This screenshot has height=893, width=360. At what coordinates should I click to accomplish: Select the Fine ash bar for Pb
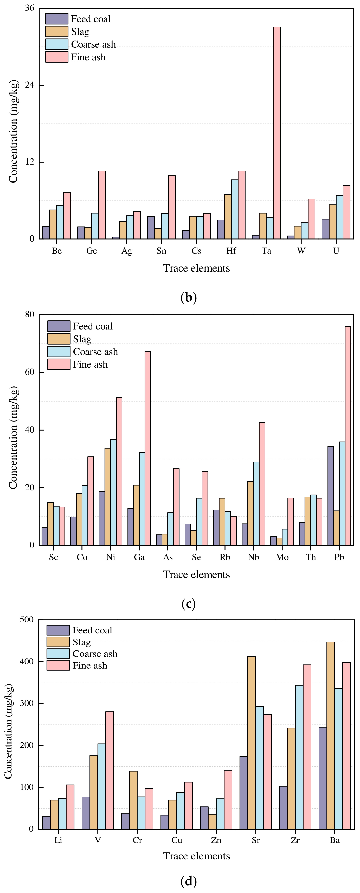[x=348, y=436]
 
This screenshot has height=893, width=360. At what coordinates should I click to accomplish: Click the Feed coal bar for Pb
[x=331, y=496]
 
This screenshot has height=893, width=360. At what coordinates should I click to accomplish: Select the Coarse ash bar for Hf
[x=234, y=209]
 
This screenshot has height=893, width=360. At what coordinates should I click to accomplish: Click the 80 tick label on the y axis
[x=29, y=314]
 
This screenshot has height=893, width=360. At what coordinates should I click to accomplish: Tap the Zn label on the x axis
[x=216, y=840]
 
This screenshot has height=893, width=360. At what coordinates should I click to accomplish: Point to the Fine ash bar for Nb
[x=262, y=484]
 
